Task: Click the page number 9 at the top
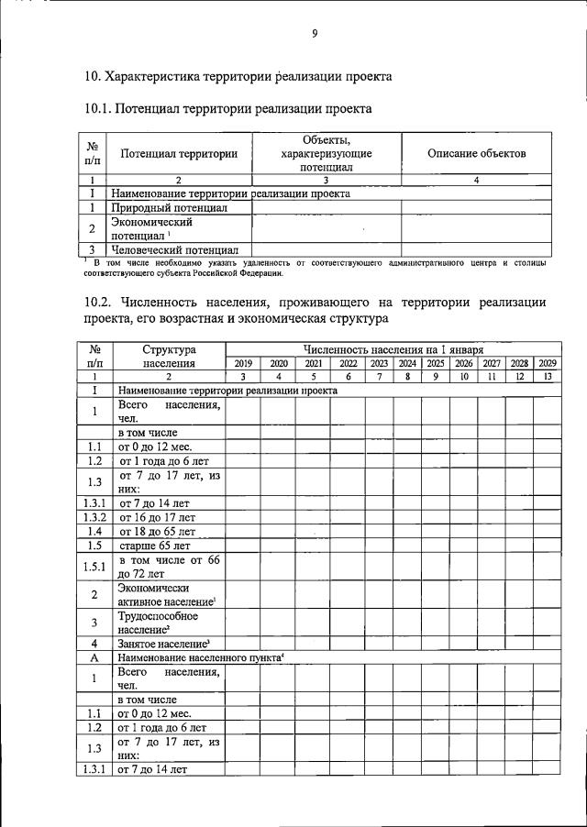point(314,34)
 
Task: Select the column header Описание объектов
point(476,153)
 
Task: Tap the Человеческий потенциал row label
point(174,248)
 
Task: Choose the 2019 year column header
point(243,363)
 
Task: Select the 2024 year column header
point(407,363)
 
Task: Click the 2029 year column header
point(548,363)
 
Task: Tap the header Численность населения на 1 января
point(393,349)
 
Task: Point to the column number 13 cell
point(548,376)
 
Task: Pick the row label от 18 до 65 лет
point(157,531)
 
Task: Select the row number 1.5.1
point(94,567)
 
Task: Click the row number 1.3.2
point(94,517)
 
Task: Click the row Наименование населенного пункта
point(201,657)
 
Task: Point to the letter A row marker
point(94,657)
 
